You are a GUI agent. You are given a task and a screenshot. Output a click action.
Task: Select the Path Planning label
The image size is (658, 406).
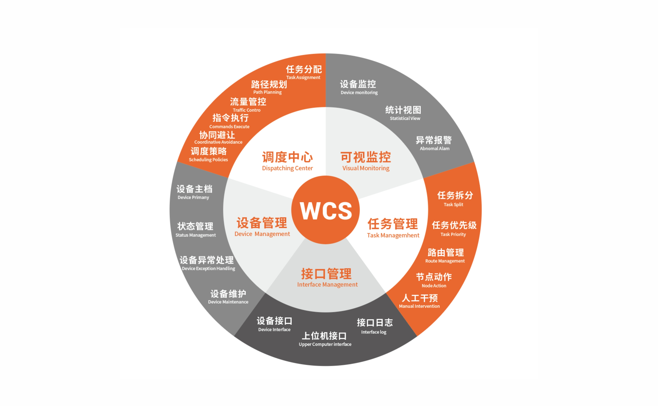pos(268,92)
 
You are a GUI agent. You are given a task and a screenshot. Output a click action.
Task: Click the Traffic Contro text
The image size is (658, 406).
pos(247,110)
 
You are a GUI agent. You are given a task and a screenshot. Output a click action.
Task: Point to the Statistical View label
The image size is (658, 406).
pos(405,118)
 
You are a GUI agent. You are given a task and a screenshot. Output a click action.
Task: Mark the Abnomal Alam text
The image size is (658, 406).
pos(435,149)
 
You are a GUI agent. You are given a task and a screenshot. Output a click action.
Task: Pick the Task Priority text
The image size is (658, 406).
pos(453,234)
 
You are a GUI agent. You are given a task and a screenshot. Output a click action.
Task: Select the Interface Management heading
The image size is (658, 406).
pos(327,285)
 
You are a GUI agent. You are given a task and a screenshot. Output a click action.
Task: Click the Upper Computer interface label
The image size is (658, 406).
pos(325,344)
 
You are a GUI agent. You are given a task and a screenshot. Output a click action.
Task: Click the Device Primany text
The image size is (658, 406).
pos(193,197)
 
